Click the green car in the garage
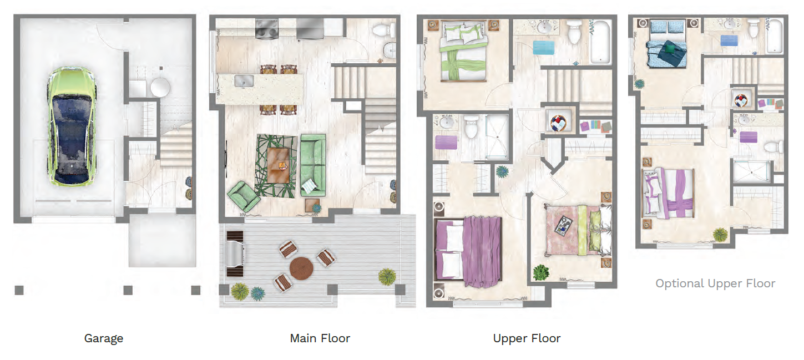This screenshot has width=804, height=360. click(73, 126)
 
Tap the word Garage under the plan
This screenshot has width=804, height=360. click(104, 338)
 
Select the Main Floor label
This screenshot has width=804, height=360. click(320, 338)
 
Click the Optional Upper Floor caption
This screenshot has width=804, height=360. click(715, 283)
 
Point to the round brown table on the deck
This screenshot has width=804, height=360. click(301, 268)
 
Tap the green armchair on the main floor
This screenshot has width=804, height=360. click(244, 196)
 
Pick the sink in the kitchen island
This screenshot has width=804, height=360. click(242, 82)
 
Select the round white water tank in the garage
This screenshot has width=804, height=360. click(160, 87)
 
